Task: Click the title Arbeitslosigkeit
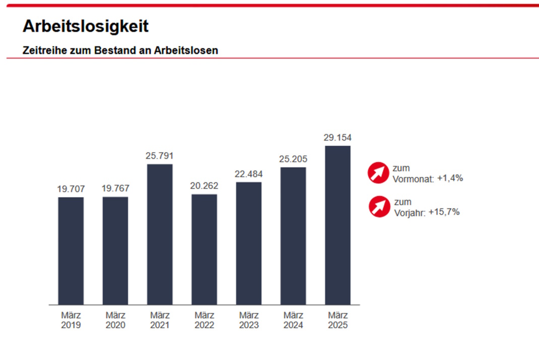point(86,26)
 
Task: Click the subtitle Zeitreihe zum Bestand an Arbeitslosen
point(120,50)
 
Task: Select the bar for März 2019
point(71,251)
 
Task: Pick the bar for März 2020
point(115,251)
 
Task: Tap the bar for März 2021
point(160,234)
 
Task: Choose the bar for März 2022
point(204,249)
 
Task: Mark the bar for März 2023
point(249,243)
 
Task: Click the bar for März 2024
point(293,236)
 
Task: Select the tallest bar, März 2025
point(338,225)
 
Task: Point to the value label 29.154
point(338,137)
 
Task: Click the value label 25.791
point(160,156)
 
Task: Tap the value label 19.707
point(71,189)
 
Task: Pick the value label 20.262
point(204,186)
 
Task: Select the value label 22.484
point(249,174)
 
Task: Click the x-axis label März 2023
point(249,320)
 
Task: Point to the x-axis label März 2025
point(338,320)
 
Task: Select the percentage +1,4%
point(449,178)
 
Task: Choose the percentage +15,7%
point(444,212)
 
